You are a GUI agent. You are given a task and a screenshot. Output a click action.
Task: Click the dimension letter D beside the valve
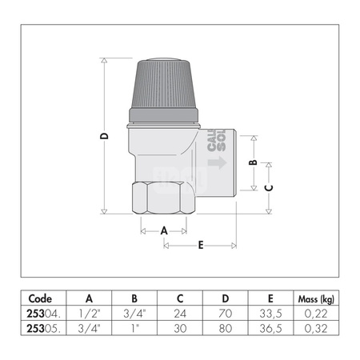pyautogui.click(x=104, y=136)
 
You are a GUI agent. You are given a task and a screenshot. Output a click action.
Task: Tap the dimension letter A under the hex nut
pyautogui.click(x=164, y=230)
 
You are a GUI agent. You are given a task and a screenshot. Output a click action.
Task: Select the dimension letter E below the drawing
pyautogui.click(x=200, y=245)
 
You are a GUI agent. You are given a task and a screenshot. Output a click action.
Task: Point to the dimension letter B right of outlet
pyautogui.click(x=253, y=162)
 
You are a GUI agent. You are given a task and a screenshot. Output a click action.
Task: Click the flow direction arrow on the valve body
pyautogui.click(x=217, y=164)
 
